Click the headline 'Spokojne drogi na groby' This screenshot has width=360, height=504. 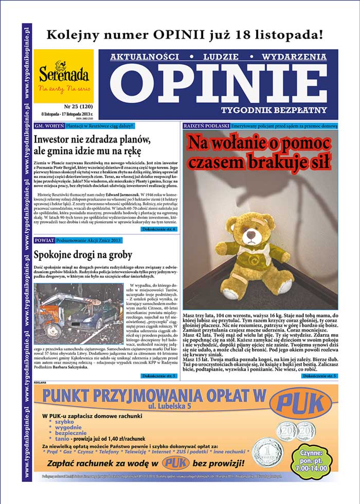(x=83, y=255)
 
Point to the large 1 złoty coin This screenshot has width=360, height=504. (x=268, y=453)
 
